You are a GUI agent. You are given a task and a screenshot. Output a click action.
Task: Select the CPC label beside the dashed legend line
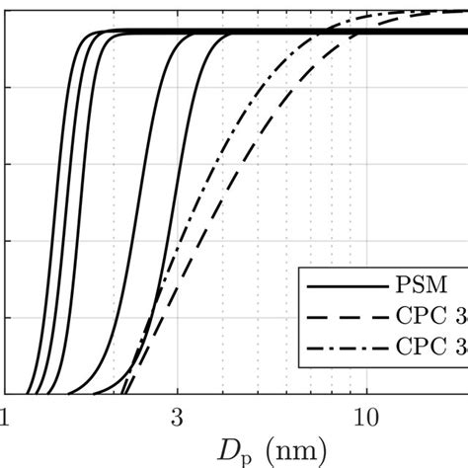(420, 317)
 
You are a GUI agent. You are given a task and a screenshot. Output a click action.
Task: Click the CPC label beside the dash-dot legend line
(420, 348)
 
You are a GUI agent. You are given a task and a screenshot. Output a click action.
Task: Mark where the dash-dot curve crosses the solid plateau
(323, 32)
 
